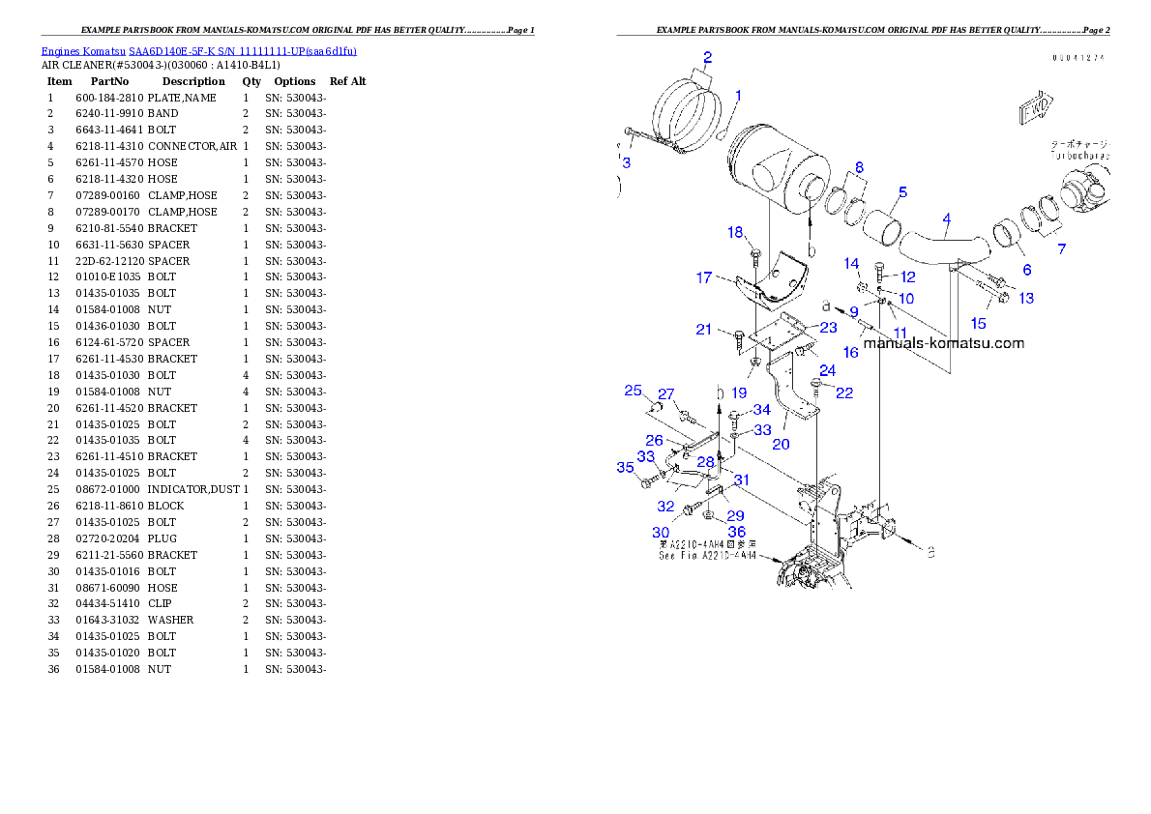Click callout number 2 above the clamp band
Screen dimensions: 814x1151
(707, 57)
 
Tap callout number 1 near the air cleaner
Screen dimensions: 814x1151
(738, 95)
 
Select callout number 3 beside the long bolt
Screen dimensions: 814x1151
(626, 162)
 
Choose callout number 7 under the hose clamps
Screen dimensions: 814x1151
(1062, 249)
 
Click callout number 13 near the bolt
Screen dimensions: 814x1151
(1025, 298)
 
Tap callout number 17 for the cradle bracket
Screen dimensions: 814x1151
(704, 278)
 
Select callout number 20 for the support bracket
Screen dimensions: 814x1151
(781, 444)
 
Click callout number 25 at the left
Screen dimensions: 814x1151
(633, 391)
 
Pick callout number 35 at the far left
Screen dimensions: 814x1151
(625, 468)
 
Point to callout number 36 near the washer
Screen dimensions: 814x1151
(736, 532)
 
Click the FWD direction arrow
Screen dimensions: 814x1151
(1035, 108)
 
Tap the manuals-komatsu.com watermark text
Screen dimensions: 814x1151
(943, 343)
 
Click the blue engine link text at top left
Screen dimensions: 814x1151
(198, 51)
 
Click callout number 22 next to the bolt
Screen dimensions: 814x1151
(844, 392)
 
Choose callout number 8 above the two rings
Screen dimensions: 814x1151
(858, 167)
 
